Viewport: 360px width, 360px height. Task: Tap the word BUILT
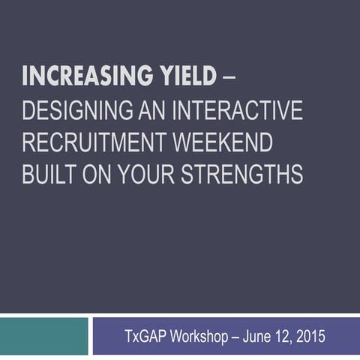[x=46, y=174]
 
